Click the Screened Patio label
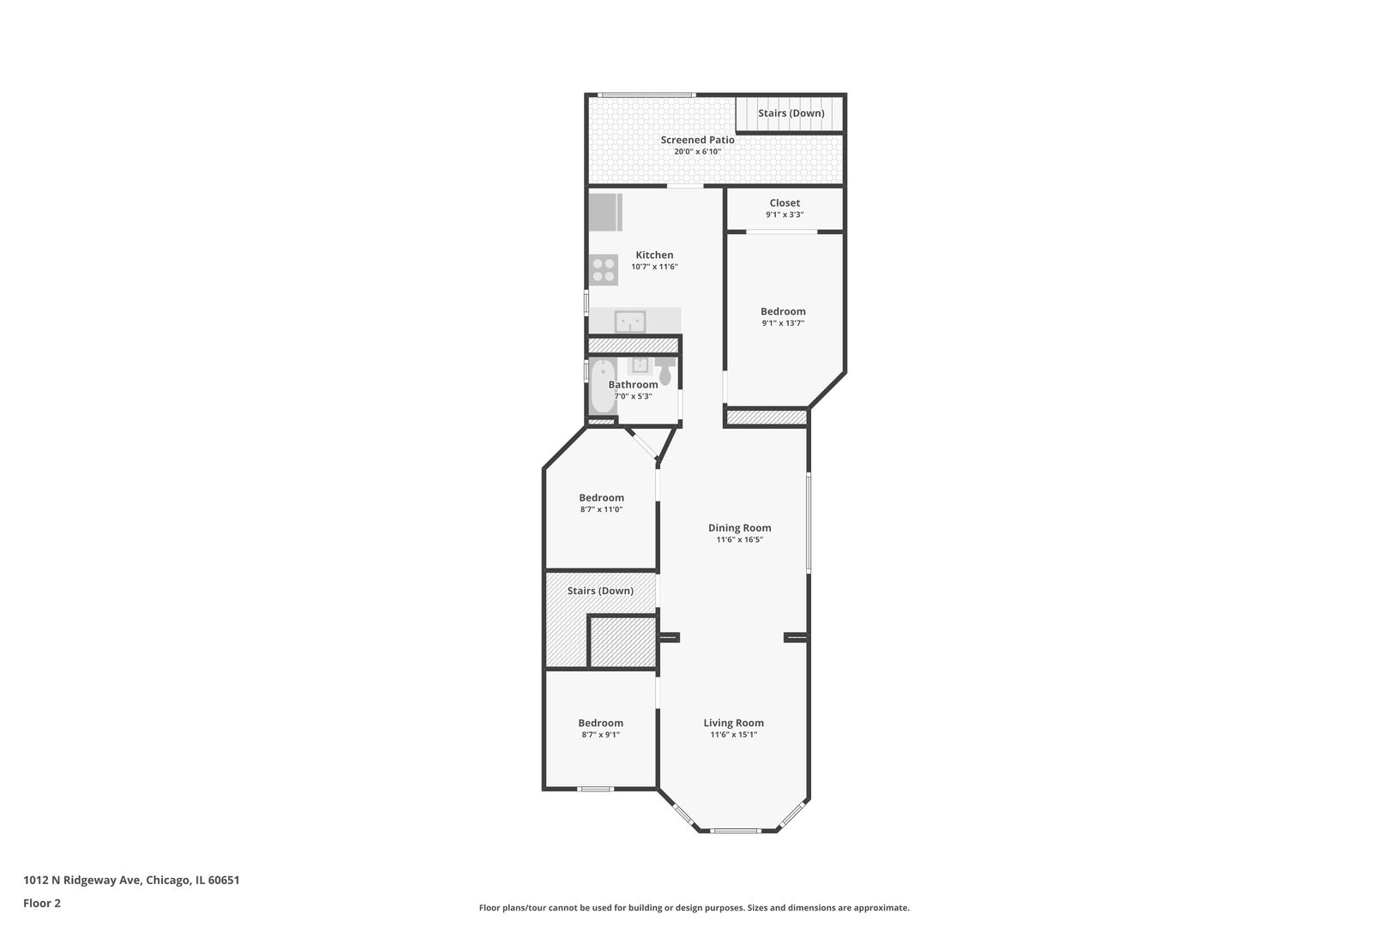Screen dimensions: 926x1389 (x=697, y=140)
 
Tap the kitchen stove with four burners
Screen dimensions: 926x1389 (x=604, y=270)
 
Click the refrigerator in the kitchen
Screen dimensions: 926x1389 (x=604, y=213)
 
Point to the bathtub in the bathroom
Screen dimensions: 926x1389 (x=601, y=388)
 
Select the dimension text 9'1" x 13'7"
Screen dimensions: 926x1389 (x=783, y=323)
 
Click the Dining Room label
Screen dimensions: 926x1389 (x=739, y=528)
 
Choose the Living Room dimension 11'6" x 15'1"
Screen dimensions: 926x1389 (x=733, y=735)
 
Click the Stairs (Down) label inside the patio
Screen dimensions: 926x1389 (x=791, y=113)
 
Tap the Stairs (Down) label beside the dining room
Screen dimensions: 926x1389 (x=600, y=591)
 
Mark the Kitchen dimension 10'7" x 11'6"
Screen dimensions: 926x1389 (x=654, y=267)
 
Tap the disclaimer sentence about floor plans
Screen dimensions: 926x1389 (x=694, y=907)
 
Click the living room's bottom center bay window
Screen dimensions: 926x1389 (x=736, y=830)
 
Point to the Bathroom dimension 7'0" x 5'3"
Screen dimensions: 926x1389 (x=633, y=396)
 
